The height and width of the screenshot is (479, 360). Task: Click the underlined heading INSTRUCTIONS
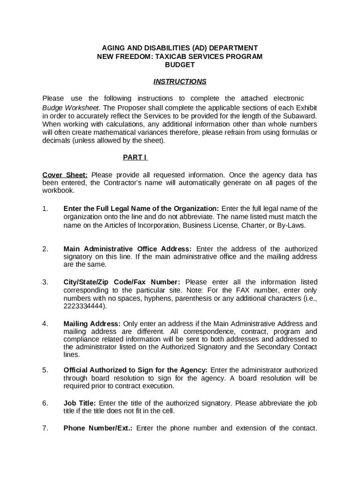[x=180, y=81]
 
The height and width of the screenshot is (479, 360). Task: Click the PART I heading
[x=135, y=157]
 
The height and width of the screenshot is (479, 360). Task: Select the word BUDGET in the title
[x=180, y=65]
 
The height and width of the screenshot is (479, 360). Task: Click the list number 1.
[x=45, y=208]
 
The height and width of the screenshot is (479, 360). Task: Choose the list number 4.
[x=45, y=323]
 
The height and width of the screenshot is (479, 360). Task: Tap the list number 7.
[x=45, y=428]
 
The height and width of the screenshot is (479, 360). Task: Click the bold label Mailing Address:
[x=92, y=323]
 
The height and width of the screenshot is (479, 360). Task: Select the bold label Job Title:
[x=80, y=403]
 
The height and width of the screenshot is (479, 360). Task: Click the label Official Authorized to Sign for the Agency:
[x=136, y=370]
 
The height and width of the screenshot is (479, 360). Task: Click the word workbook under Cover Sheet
[x=58, y=191]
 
